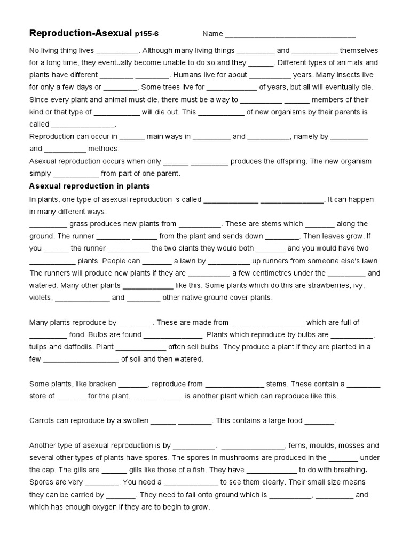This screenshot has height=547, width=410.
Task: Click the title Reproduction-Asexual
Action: point(80,34)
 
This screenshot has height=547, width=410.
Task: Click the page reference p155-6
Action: point(146,34)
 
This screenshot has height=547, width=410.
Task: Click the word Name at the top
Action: point(212,34)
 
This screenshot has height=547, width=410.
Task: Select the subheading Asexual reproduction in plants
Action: point(89,186)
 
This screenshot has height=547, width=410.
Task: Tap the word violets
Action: point(41,298)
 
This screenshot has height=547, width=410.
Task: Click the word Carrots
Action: point(43,420)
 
